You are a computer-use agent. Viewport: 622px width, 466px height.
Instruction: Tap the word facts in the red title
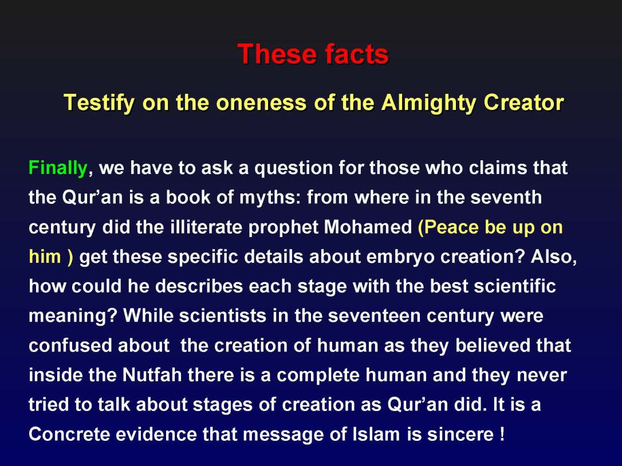coord(356,54)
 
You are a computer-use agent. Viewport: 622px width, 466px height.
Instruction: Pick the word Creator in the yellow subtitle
coord(523,103)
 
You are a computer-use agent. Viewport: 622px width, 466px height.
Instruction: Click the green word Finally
coord(58,168)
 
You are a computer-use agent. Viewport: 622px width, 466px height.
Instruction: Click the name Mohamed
coord(369,228)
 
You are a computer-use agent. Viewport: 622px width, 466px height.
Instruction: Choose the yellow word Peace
coord(450,228)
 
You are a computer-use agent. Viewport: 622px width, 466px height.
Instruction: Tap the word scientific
coord(515,286)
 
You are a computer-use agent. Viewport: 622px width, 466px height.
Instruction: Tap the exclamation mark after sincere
coord(502,435)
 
